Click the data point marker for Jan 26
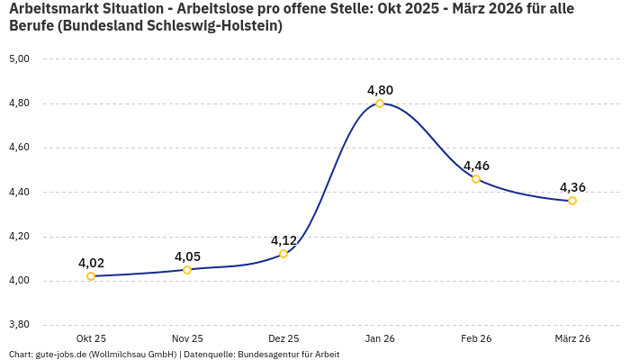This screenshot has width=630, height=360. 380,103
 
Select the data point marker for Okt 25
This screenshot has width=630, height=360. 91,276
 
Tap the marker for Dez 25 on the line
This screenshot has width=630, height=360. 283,254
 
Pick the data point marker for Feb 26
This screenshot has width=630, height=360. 476,179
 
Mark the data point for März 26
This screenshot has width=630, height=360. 572,201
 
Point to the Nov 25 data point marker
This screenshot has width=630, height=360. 187,270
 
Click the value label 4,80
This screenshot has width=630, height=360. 380,90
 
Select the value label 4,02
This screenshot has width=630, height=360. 91,263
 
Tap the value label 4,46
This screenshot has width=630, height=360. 476,166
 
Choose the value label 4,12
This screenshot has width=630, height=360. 283,240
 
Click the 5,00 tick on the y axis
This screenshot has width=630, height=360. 19,59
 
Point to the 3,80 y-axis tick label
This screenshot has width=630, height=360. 19,325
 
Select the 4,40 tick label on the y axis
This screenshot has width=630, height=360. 19,193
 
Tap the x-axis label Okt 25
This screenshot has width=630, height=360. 91,338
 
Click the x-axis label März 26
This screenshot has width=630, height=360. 572,338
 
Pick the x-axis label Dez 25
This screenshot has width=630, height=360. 283,338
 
